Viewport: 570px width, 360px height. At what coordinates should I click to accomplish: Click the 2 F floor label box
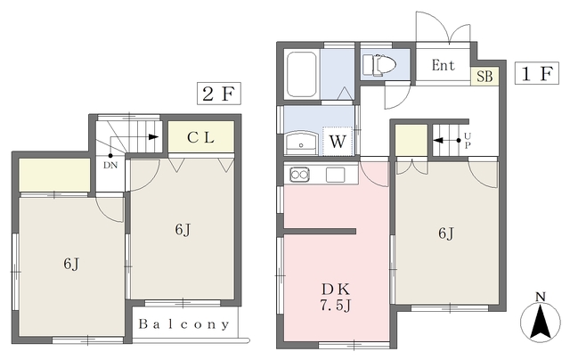tap(219, 94)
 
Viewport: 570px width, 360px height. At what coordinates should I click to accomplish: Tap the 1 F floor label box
tap(536, 73)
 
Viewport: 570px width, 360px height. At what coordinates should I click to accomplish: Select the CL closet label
tap(200, 137)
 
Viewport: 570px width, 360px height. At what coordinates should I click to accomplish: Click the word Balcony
tap(184, 324)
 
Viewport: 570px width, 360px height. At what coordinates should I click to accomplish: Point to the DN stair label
tap(110, 165)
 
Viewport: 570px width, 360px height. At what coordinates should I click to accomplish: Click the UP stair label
tap(468, 141)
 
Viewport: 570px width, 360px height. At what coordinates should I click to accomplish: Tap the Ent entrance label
tap(444, 65)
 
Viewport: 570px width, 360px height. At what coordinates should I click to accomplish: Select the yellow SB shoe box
tap(484, 77)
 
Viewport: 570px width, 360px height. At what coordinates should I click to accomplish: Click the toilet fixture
tap(380, 65)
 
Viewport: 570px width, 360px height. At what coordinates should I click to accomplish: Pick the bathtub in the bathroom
tap(301, 74)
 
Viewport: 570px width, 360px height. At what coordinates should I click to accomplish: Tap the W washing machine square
tap(338, 141)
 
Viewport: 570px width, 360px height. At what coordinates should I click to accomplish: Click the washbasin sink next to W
tap(301, 143)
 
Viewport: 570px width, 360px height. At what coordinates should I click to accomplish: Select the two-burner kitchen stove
tap(299, 175)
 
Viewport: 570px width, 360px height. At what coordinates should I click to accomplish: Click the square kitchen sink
tap(335, 175)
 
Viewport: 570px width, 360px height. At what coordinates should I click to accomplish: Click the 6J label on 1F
tap(446, 233)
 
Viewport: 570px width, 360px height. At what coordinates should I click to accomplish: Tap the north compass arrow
tap(541, 322)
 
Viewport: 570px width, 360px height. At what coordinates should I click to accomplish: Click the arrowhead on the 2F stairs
tap(153, 137)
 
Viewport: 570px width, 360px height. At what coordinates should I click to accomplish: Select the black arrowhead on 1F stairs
tap(438, 141)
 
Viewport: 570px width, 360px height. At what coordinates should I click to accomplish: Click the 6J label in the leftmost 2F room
tap(71, 264)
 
